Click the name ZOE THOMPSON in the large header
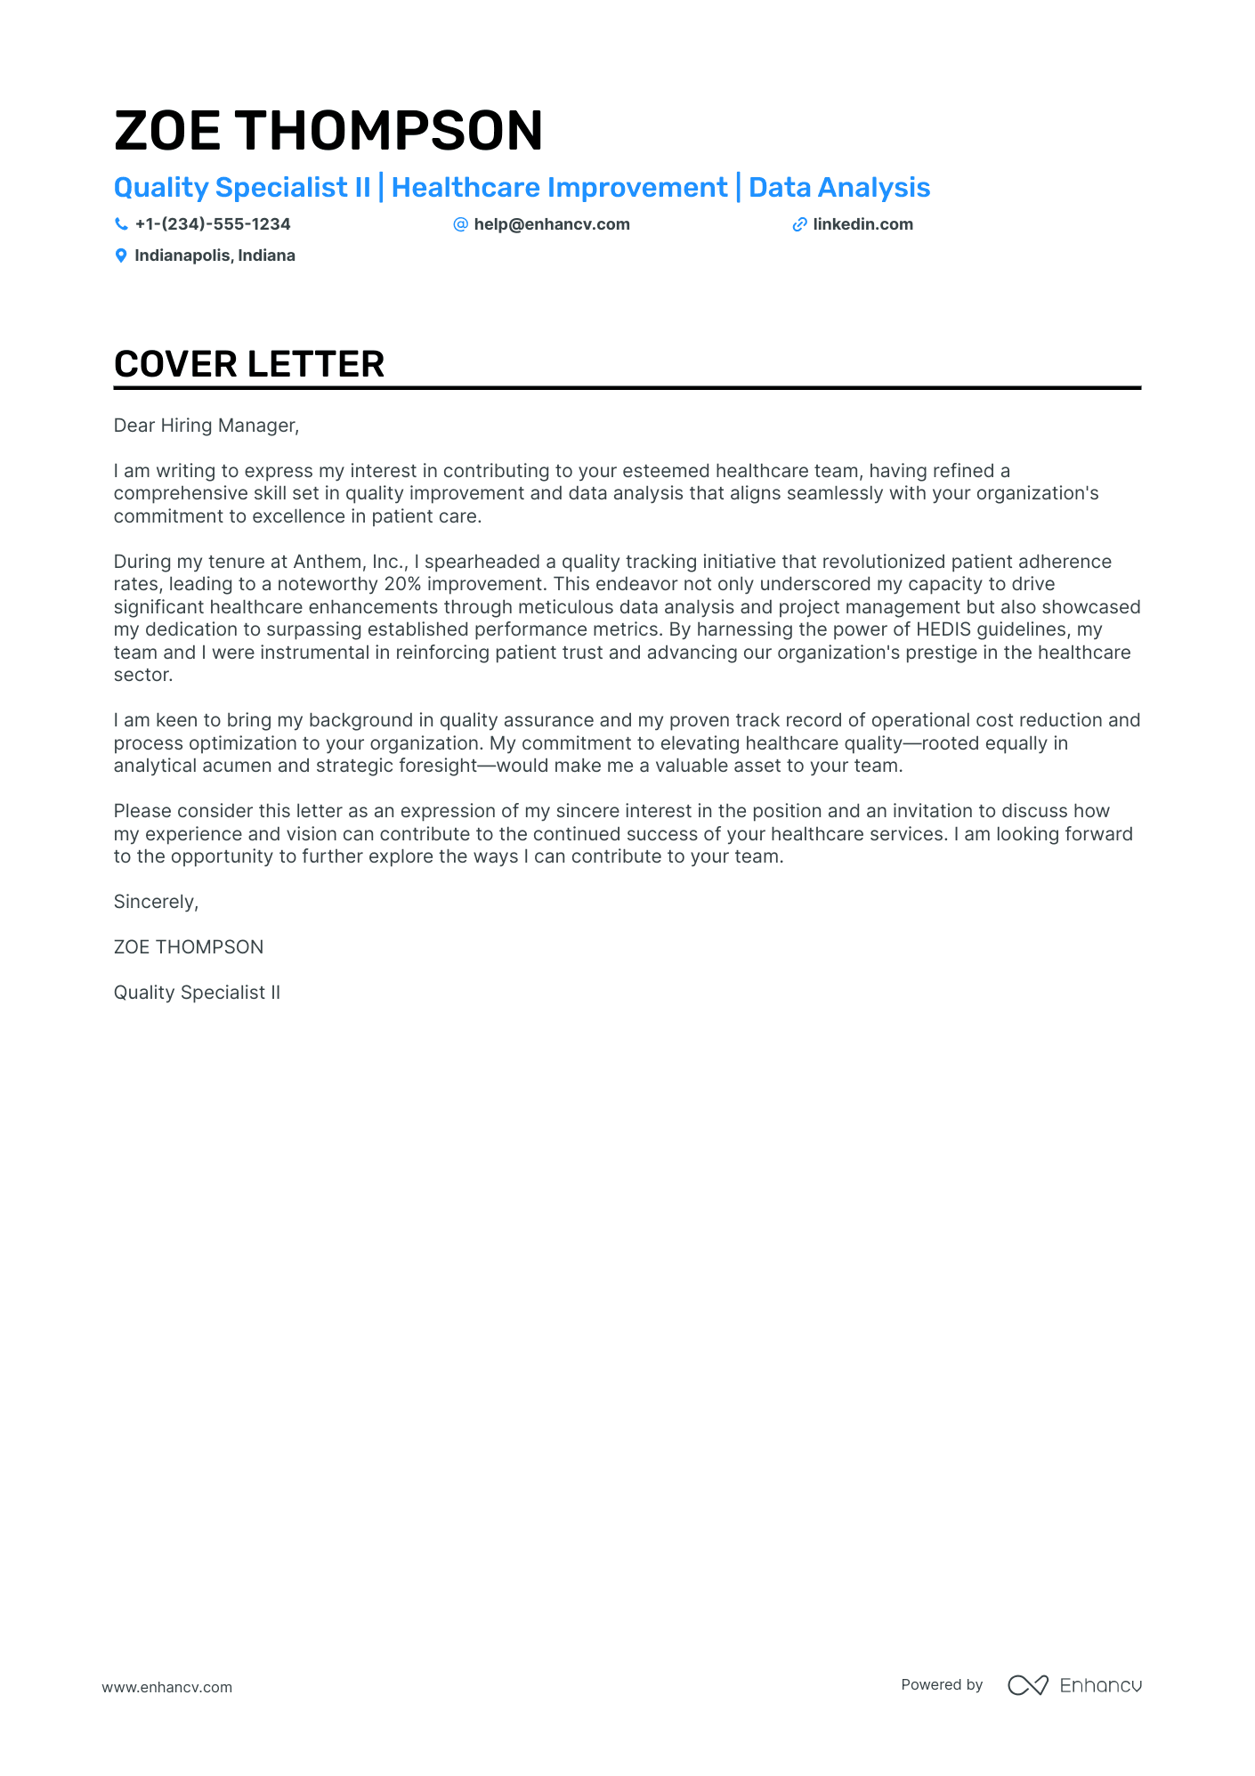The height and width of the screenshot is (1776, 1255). coord(328,131)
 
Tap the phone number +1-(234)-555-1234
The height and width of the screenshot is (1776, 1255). coord(212,224)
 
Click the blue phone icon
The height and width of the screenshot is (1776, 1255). coord(121,224)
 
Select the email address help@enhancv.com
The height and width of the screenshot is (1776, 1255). coord(551,224)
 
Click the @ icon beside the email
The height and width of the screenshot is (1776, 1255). coord(460,224)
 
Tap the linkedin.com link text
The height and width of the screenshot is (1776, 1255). coord(862,224)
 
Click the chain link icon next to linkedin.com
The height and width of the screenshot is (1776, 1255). coord(799,225)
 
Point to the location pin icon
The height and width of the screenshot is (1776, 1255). coord(121,256)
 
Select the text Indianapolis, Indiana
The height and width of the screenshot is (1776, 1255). coord(215,255)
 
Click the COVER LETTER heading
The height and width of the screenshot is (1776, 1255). coord(249,364)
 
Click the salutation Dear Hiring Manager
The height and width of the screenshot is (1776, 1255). coord(206,426)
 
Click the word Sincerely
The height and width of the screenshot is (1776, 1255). coord(155,902)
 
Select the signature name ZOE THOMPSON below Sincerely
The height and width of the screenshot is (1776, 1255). coord(189,947)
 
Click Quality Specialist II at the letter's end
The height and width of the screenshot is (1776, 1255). coord(197,993)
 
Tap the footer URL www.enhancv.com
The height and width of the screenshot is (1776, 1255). coord(166,1687)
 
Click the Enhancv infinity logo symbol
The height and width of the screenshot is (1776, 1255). coord(1027,1685)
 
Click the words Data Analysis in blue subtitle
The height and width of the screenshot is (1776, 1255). coord(838,188)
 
